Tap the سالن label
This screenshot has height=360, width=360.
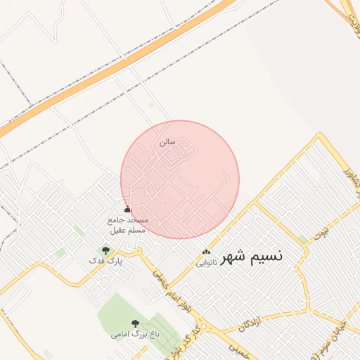pyautogui.click(x=167, y=141)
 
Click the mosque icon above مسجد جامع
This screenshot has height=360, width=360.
pyautogui.click(x=127, y=210)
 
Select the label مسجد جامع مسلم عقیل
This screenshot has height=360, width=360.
pyautogui.click(x=127, y=225)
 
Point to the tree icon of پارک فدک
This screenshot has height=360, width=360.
pyautogui.click(x=105, y=250)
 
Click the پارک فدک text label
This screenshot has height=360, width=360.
pyautogui.click(x=105, y=261)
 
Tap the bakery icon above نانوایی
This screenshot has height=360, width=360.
pyautogui.click(x=206, y=252)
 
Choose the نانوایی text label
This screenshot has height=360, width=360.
pyautogui.click(x=206, y=263)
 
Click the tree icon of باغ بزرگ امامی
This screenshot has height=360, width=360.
pyautogui.click(x=135, y=323)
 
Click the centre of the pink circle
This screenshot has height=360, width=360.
pyautogui.click(x=180, y=180)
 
